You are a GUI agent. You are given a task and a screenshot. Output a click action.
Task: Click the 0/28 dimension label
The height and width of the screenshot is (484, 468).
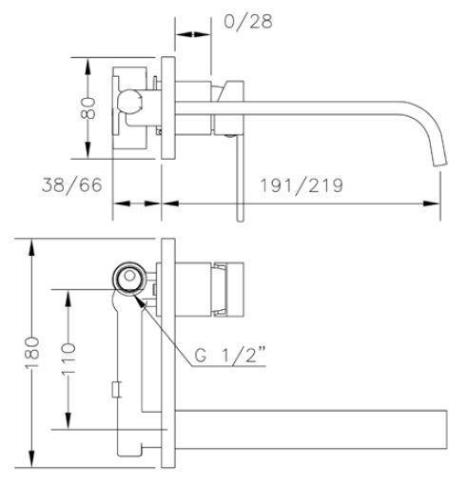click(x=248, y=21)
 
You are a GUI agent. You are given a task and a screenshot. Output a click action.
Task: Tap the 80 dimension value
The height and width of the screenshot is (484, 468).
click(x=88, y=108)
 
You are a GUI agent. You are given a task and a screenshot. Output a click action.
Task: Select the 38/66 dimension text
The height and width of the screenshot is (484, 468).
click(x=72, y=185)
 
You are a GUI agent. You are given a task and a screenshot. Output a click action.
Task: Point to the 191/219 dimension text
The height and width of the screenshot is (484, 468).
click(x=302, y=185)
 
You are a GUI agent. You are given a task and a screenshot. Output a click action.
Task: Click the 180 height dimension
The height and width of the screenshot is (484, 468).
click(x=32, y=353)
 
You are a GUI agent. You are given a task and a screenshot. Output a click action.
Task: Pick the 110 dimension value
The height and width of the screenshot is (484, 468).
click(x=68, y=359)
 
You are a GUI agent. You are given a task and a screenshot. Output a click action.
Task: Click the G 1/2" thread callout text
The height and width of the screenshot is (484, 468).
click(x=230, y=355)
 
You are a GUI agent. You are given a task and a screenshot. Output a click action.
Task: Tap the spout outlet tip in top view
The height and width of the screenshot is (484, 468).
click(x=440, y=163)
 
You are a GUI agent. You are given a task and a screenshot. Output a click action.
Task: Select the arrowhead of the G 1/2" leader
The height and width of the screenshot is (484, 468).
click(x=140, y=300)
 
